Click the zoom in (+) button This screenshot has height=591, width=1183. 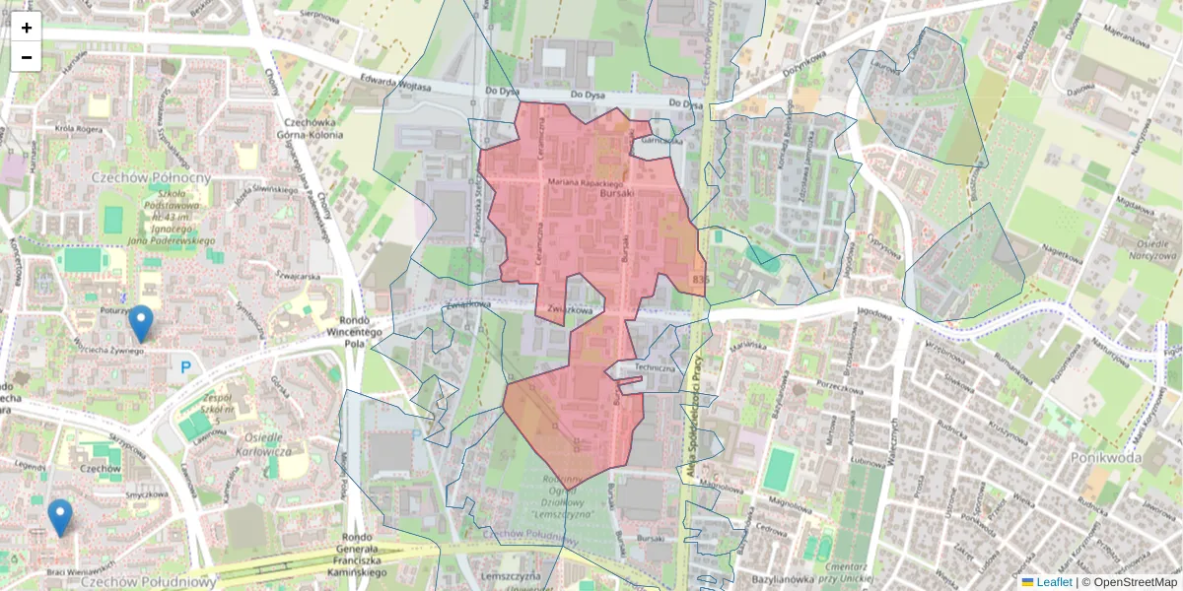click(x=27, y=28)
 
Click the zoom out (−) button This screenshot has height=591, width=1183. click(x=27, y=57)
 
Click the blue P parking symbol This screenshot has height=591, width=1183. click(x=184, y=368)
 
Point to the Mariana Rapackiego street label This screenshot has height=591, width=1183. click(x=588, y=183)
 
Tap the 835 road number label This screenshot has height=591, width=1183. click(x=700, y=281)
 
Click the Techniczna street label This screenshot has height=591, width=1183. click(x=655, y=367)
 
